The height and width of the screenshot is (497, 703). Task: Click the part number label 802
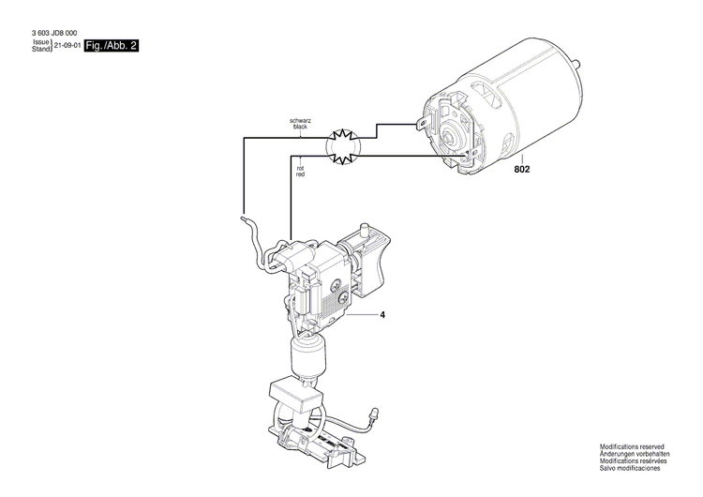pos(521,172)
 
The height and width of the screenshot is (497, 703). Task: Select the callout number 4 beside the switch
pos(382,315)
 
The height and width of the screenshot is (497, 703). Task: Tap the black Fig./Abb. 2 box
pos(111,45)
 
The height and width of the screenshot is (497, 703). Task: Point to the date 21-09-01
pos(67,45)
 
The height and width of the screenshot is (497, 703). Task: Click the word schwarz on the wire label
pos(300,120)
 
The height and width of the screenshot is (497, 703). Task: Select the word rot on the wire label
pos(300,169)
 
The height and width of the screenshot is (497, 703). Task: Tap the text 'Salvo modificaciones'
pos(631,470)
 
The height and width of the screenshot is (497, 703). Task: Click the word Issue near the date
pos(40,42)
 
